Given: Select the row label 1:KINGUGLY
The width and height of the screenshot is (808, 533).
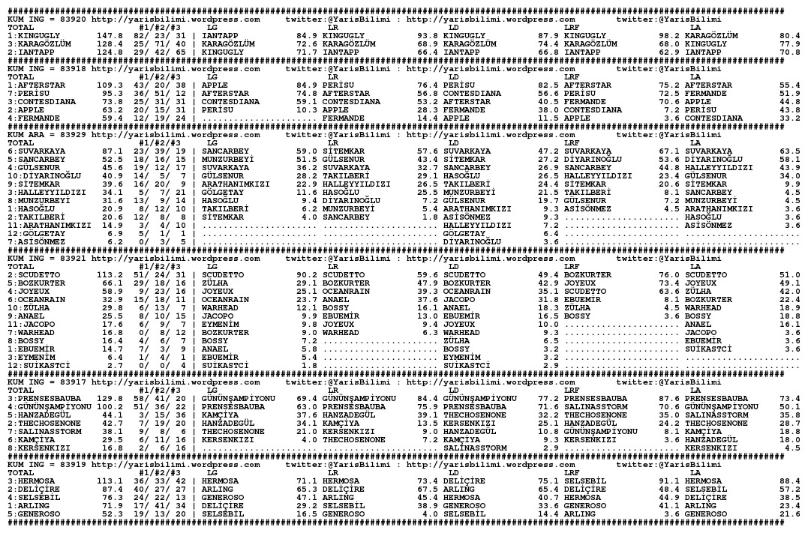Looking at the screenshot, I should (x=31, y=35).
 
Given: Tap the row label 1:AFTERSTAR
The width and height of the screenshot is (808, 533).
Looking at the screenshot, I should (x=34, y=85).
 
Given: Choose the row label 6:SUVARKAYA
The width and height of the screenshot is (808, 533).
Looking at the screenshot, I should (x=34, y=150).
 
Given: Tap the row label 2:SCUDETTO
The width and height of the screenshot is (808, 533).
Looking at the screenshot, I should (x=31, y=274).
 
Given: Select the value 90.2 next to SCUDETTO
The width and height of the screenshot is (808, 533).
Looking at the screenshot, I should (x=307, y=274).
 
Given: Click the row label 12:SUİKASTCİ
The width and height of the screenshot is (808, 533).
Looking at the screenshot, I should (x=37, y=364).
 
